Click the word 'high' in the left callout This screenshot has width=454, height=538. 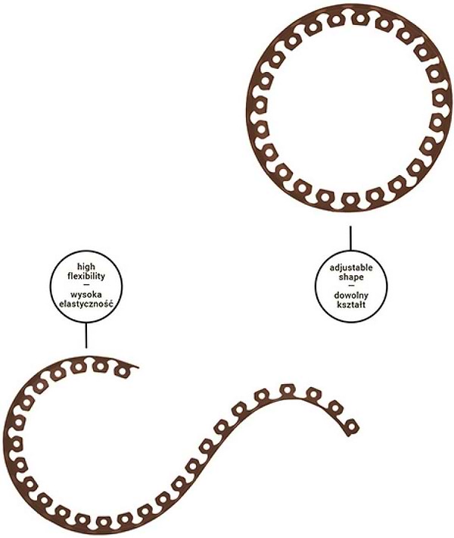[86, 267]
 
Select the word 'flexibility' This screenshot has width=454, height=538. [86, 277]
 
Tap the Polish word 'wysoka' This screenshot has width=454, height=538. [86, 295]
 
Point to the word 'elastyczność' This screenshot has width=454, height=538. [86, 304]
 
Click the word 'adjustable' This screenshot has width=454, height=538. [351, 267]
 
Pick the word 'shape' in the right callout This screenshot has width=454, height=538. [351, 277]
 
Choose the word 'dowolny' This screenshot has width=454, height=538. [351, 296]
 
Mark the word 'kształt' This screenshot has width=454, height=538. [351, 305]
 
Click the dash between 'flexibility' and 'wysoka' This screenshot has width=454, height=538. [86, 285]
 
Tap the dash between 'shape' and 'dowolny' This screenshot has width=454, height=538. [351, 286]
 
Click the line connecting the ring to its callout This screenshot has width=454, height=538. [350, 238]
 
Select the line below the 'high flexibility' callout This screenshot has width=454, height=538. [86, 335]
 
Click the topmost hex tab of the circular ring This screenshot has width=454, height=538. [359, 19]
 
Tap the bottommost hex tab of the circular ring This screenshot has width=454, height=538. [349, 199]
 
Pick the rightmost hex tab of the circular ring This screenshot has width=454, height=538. [438, 99]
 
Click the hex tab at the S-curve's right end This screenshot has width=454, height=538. [351, 427]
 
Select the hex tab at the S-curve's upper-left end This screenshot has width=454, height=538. [121, 371]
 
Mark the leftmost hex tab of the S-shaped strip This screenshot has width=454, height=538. [17, 442]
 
